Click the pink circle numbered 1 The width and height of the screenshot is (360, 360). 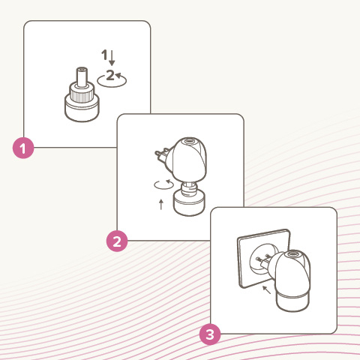click(23, 148)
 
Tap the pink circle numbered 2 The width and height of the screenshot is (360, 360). click(117, 241)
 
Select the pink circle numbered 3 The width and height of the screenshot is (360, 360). click(210, 334)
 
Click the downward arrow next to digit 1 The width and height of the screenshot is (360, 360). click(112, 58)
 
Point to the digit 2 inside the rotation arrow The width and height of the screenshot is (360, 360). click(110, 75)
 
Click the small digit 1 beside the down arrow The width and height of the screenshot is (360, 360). click(104, 55)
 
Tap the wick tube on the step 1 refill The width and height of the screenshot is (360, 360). click(82, 76)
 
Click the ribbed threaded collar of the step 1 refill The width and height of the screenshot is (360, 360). click(81, 94)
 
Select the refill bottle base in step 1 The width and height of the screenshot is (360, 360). click(82, 110)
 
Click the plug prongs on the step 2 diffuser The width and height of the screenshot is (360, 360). click(162, 154)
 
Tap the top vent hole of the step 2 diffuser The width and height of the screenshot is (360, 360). click(189, 142)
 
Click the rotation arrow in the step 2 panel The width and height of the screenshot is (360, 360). click(163, 184)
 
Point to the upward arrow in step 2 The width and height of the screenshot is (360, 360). click(161, 204)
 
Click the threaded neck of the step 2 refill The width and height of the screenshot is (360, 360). click(189, 190)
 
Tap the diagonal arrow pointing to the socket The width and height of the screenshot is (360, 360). click(267, 290)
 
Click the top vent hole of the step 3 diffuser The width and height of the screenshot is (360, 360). click(293, 255)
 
